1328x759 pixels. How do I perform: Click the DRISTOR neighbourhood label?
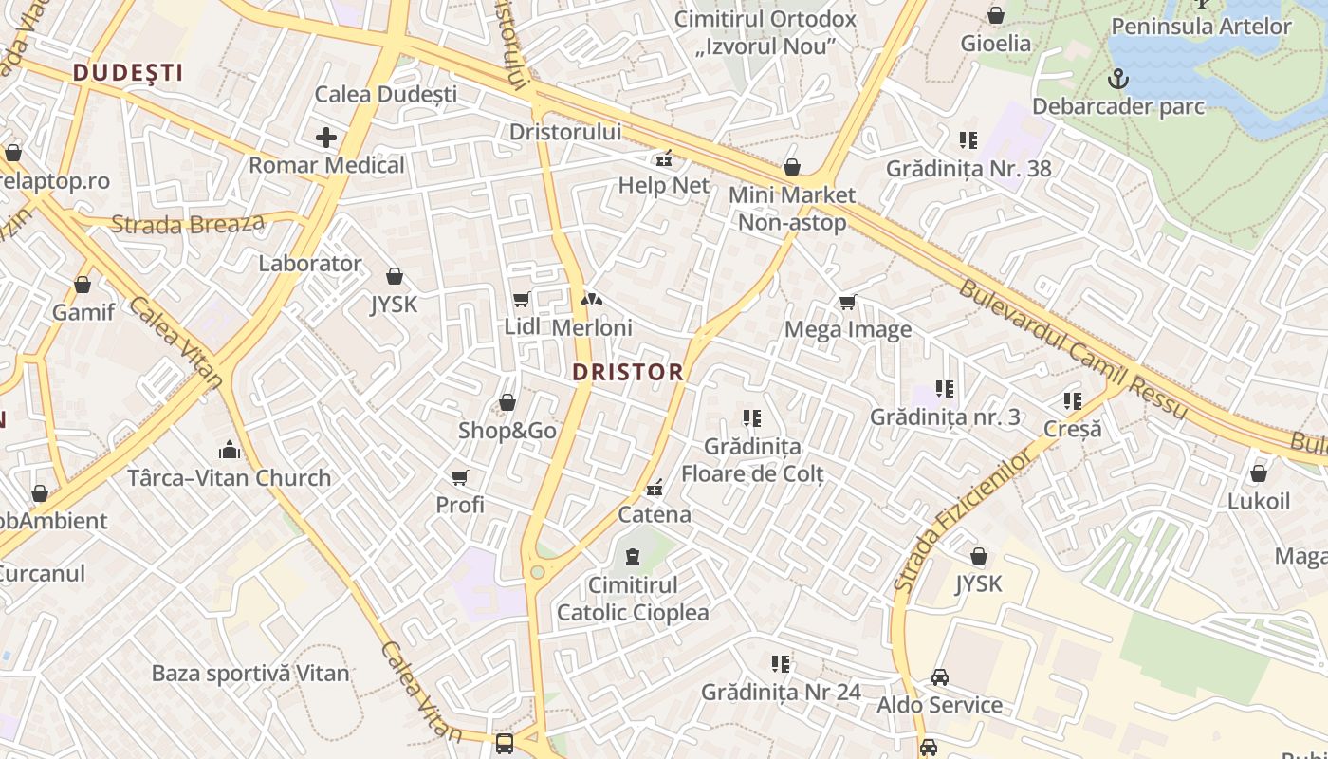click(x=628, y=372)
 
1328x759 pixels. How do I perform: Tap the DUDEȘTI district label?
click(x=127, y=72)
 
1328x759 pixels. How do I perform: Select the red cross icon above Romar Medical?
click(x=326, y=138)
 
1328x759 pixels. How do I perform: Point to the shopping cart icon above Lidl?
click(x=521, y=300)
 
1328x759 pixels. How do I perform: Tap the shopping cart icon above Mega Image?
click(x=847, y=303)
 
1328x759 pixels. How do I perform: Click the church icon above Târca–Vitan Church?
click(x=230, y=449)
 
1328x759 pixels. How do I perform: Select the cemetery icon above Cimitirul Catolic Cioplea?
click(x=633, y=557)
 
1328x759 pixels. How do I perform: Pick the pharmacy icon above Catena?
click(x=654, y=489)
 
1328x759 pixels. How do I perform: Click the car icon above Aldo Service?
click(x=939, y=677)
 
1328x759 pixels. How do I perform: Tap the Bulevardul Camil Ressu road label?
click(x=1072, y=348)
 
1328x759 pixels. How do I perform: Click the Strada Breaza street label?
click(x=188, y=224)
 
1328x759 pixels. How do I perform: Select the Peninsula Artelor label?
click(x=1201, y=26)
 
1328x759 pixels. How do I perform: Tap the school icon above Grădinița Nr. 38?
click(x=968, y=140)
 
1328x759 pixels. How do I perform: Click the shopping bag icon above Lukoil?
click(x=1259, y=472)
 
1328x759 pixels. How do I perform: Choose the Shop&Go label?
click(x=507, y=431)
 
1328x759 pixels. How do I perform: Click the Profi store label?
click(x=460, y=505)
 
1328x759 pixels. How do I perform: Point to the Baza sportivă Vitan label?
click(x=250, y=674)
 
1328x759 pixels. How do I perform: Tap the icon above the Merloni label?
click(x=592, y=300)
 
